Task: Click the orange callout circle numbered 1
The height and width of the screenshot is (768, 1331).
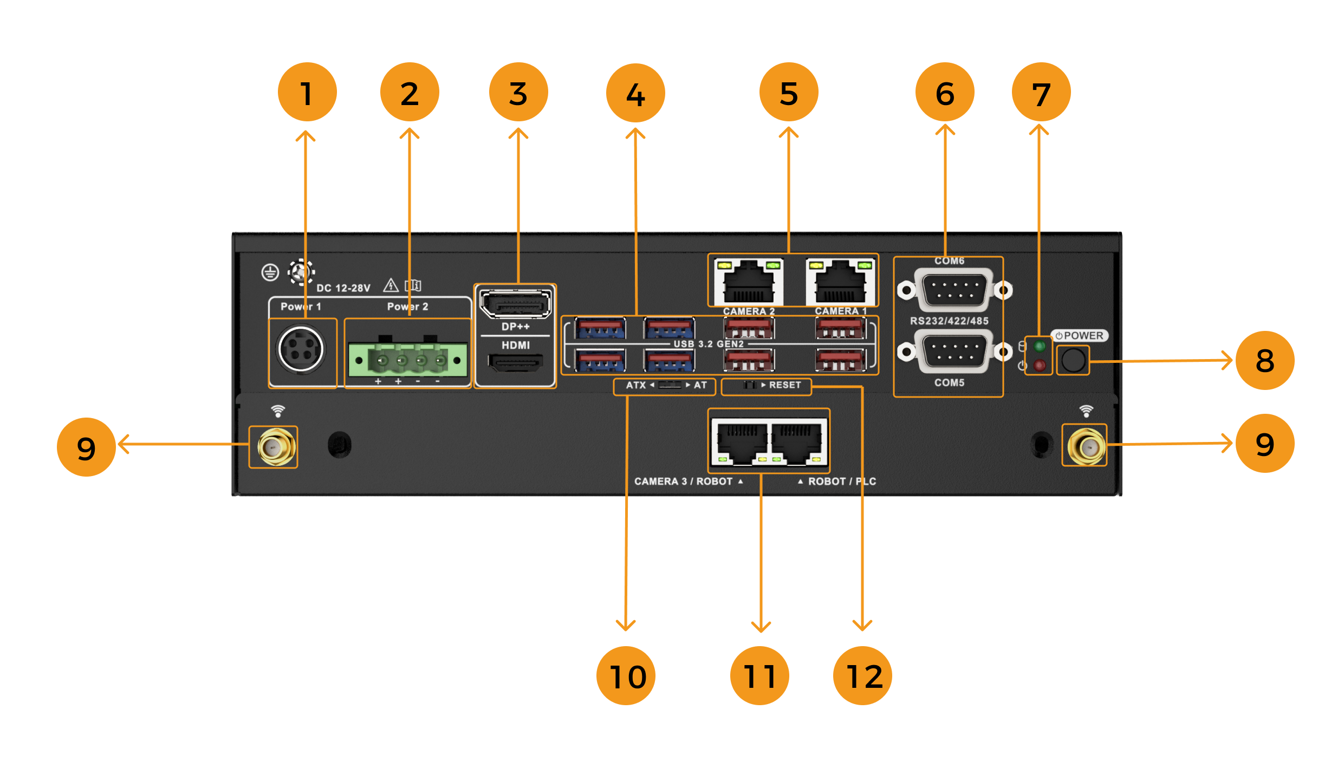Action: [x=307, y=92]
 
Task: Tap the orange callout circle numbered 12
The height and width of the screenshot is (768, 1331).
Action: [x=862, y=675]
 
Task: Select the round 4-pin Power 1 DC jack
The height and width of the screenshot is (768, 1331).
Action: [x=301, y=349]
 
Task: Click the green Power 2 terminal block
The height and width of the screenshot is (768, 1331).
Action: [x=407, y=360]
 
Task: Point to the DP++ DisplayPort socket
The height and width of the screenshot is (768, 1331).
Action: [x=515, y=304]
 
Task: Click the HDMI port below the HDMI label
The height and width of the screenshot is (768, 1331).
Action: [x=515, y=362]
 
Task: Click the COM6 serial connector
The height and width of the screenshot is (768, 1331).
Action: [x=953, y=290]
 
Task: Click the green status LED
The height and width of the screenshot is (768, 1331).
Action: [x=1039, y=346]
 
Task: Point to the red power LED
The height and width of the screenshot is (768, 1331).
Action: [x=1039, y=365]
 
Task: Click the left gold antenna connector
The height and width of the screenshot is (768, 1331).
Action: [x=274, y=447]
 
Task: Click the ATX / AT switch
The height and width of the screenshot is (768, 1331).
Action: [x=670, y=385]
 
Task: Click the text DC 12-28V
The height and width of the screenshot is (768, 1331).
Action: [x=343, y=288]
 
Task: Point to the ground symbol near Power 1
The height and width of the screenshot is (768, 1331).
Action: [x=270, y=272]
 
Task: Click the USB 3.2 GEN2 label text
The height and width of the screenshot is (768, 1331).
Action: [x=709, y=344]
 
